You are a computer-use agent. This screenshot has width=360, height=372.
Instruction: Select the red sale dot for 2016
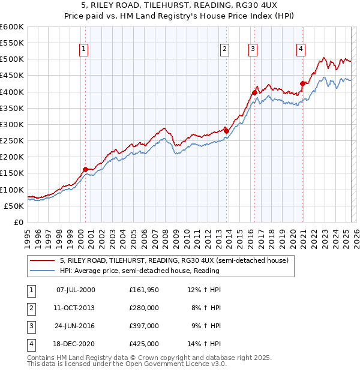coord(254,93)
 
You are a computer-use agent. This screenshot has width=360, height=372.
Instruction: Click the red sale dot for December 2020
coord(303,83)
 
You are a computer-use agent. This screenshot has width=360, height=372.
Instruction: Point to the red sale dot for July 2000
coord(85,169)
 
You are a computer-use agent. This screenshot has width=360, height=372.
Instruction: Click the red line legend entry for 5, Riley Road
coord(174,260)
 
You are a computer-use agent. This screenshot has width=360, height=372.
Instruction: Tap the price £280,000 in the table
coord(144,308)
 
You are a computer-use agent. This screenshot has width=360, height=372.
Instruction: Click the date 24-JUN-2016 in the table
coord(75,326)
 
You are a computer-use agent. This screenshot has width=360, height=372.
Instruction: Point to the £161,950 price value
coord(144,290)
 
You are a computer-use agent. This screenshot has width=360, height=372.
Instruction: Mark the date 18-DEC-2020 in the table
coord(75,344)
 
